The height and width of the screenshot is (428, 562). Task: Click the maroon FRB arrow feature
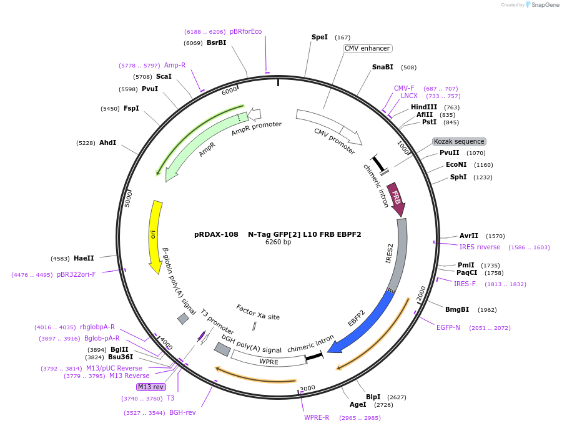pyautogui.click(x=395, y=199)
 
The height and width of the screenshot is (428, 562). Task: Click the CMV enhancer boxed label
pyautogui.click(x=367, y=48)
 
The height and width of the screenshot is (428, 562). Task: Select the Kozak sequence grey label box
pyautogui.click(x=459, y=142)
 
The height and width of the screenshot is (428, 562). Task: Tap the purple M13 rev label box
pyautogui.click(x=152, y=387)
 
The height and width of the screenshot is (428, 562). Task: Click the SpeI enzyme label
pyautogui.click(x=320, y=37)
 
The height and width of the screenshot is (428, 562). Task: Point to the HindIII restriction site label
pyautogui.click(x=424, y=107)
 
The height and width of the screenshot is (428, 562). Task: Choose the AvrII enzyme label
pyautogui.click(x=469, y=236)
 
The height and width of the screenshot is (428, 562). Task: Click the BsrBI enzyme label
pyautogui.click(x=216, y=42)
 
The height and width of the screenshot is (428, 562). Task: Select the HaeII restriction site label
pyautogui.click(x=83, y=258)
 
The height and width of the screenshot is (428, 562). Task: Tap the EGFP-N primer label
pyautogui.click(x=448, y=327)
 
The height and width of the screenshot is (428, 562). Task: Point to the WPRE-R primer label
pyautogui.click(x=317, y=417)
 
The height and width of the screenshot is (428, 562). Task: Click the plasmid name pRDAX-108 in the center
pyautogui.click(x=216, y=234)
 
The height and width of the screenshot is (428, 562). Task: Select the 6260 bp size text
pyautogui.click(x=278, y=242)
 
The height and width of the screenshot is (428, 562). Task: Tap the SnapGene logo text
pyautogui.click(x=545, y=5)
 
